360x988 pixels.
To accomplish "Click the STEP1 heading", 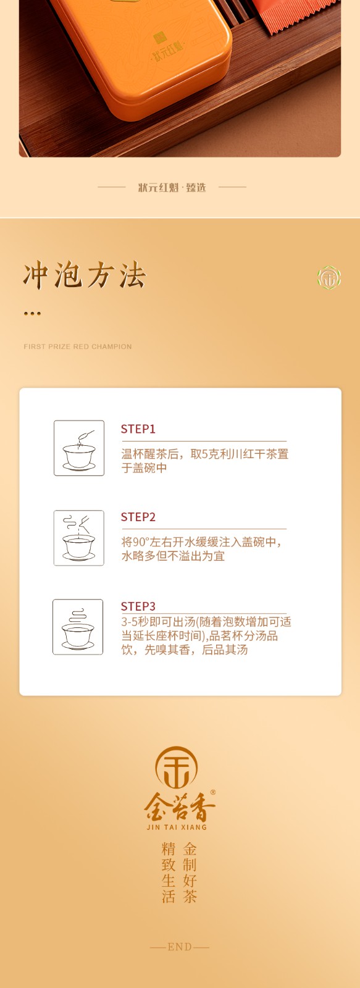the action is (138, 429).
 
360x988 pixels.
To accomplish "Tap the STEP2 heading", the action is (138, 517).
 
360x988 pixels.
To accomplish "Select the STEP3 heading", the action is (138, 606).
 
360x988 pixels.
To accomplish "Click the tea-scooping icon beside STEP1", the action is (79, 448).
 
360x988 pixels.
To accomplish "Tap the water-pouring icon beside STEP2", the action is (79, 538).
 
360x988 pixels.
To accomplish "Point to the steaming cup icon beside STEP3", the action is (78, 627).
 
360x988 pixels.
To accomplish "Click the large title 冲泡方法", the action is (84, 275).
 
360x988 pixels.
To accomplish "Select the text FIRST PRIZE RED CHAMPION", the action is (78, 346).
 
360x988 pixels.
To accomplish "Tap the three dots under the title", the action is (32, 314).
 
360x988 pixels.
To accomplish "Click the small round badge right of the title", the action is (329, 278).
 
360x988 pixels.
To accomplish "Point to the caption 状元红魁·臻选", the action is (172, 188).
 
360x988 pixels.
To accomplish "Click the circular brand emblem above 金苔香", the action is (177, 768).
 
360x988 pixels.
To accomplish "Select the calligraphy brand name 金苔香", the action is (180, 807).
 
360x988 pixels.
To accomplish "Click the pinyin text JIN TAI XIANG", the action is (177, 827).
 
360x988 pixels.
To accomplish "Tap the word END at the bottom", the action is (180, 947).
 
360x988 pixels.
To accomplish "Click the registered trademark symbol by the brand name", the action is (213, 793).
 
